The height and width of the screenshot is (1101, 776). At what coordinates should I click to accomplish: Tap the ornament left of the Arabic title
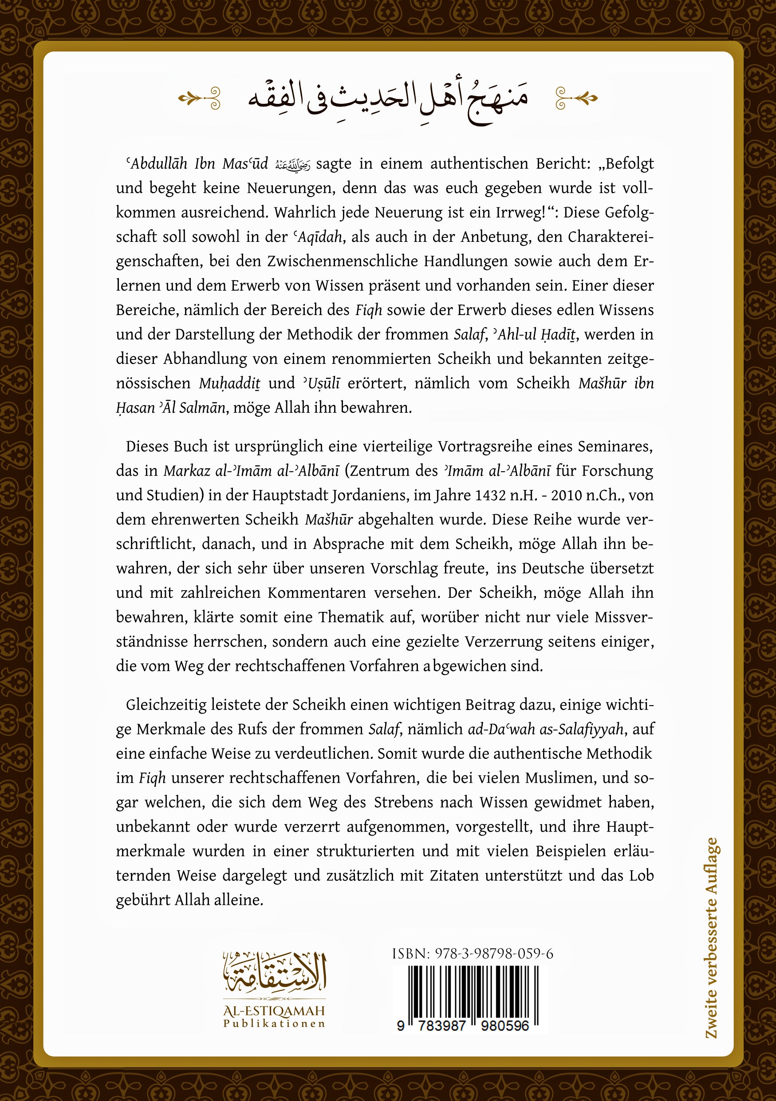[x=199, y=99]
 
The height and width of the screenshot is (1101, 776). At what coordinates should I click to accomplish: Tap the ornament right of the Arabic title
[x=576, y=99]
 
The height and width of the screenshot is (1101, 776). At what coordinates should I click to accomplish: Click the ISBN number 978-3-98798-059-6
[x=494, y=954]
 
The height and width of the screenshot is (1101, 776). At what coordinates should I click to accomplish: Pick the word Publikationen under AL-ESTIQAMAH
[x=274, y=1024]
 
